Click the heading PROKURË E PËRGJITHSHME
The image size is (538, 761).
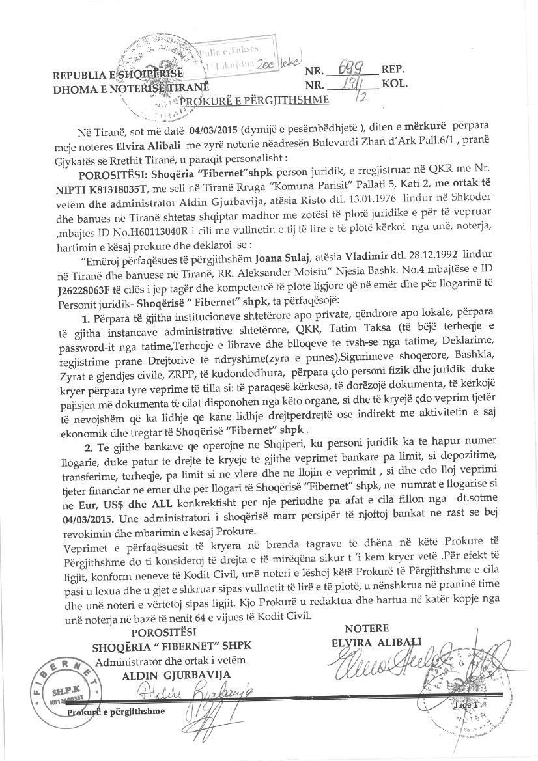254,100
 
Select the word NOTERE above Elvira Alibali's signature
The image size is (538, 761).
367,628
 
